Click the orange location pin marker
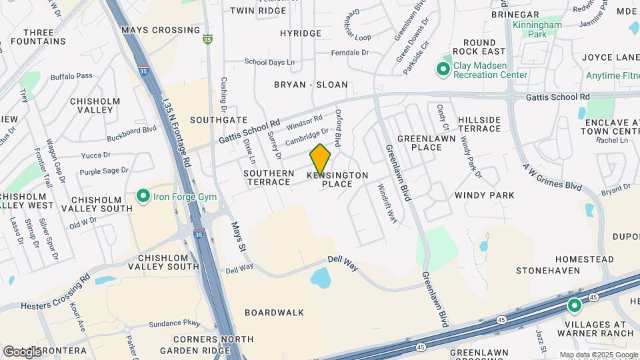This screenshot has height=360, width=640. tap(321, 159)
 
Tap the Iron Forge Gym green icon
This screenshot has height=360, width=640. tap(143, 196)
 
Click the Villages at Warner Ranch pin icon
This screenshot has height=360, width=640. tap(574, 306)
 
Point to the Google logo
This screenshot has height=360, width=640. tap(21, 352)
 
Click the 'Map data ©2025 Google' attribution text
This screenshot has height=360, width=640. tap(598, 355)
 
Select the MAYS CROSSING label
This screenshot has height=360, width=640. tap(161, 30)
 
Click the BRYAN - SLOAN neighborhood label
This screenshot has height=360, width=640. tap(311, 85)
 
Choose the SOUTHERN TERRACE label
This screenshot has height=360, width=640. tap(269, 178)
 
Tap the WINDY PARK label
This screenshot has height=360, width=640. tap(485, 195)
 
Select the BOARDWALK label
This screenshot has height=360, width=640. tap(274, 312)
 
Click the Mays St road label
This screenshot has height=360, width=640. tap(239, 238)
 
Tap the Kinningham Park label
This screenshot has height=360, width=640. tap(537, 29)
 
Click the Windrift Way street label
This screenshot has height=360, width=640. tap(384, 203)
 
